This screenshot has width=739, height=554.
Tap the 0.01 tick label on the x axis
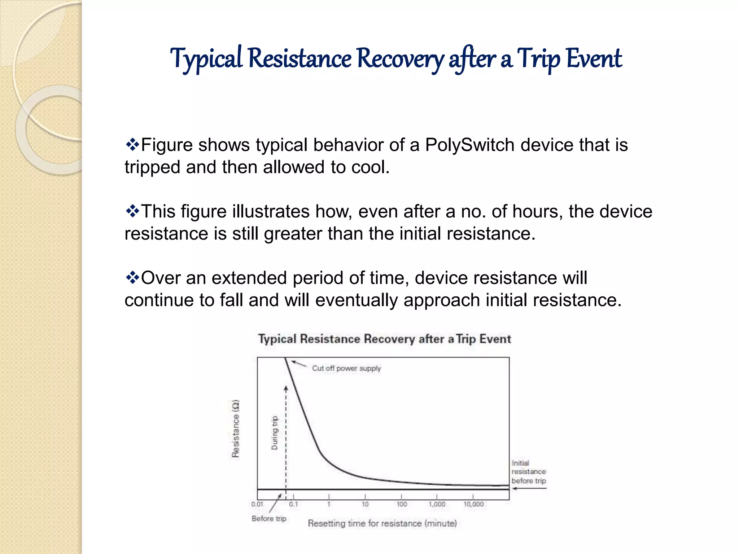pyautogui.click(x=257, y=504)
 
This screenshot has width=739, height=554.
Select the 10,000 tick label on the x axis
pyautogui.click(x=473, y=504)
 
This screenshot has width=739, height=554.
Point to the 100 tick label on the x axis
pyautogui.click(x=402, y=504)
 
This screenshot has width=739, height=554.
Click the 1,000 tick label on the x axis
pyautogui.click(x=437, y=504)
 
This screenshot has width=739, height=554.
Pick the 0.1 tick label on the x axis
pyautogui.click(x=293, y=504)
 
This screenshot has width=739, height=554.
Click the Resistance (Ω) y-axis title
pyautogui.click(x=235, y=428)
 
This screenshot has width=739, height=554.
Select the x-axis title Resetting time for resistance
pyautogui.click(x=382, y=523)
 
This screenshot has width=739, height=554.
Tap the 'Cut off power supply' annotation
pyautogui.click(x=346, y=368)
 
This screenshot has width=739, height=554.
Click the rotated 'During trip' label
pyautogui.click(x=275, y=433)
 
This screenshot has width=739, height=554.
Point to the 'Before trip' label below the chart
pyautogui.click(x=269, y=518)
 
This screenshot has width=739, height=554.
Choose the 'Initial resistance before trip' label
pyautogui.click(x=528, y=472)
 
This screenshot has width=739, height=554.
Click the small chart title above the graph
pyautogui.click(x=385, y=339)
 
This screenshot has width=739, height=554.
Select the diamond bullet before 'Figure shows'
pyautogui.click(x=132, y=145)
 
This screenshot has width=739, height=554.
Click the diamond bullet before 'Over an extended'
pyautogui.click(x=132, y=278)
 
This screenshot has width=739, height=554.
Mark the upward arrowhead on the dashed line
pyautogui.click(x=286, y=388)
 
